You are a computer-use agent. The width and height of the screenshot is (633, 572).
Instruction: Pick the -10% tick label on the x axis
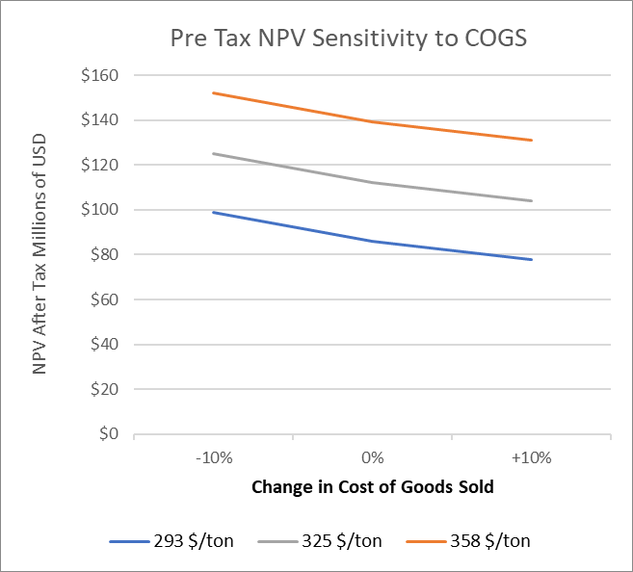(x=213, y=457)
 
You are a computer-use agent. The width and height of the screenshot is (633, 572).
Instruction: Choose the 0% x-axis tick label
(x=372, y=457)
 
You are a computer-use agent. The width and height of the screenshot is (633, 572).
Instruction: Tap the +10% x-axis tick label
(x=531, y=457)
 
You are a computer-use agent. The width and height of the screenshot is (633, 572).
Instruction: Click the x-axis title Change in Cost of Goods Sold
(x=372, y=486)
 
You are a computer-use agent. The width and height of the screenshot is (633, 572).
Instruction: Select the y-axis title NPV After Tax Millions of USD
(x=40, y=254)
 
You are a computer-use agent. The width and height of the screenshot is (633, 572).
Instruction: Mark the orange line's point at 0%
(x=372, y=121)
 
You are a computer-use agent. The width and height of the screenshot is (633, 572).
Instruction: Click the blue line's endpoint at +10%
(x=531, y=259)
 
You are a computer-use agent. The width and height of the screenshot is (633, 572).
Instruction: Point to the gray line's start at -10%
(x=213, y=153)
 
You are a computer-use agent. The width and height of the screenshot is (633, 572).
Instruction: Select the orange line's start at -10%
(x=213, y=92)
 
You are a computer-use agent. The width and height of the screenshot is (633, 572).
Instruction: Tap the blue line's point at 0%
(x=372, y=241)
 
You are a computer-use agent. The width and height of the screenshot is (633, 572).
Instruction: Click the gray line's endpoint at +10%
(x=531, y=200)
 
